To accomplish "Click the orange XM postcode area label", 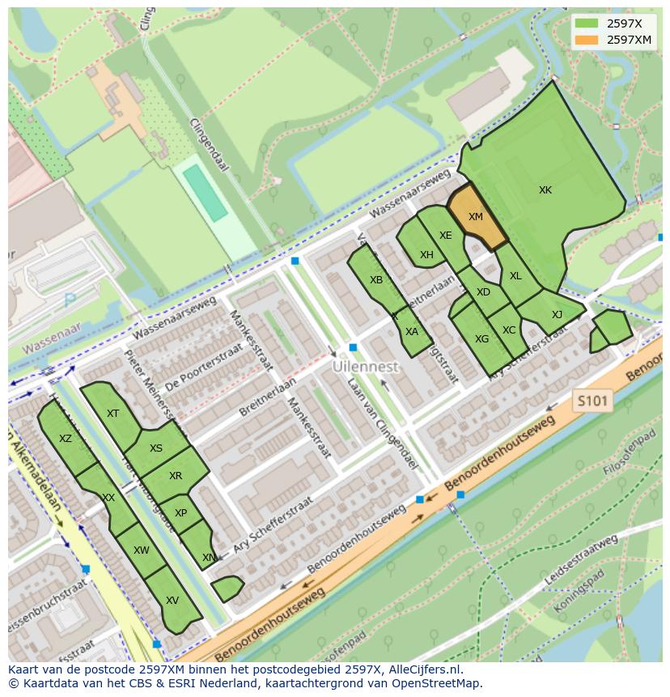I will (x=475, y=217).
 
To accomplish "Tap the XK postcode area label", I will (x=545, y=190).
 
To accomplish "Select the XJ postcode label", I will (x=557, y=315).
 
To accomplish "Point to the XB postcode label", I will (x=376, y=280).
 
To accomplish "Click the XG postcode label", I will (x=481, y=339).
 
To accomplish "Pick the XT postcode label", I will (x=112, y=414).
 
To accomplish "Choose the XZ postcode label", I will (x=66, y=439).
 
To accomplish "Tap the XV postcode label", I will (x=172, y=601).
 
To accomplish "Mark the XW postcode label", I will (x=142, y=550).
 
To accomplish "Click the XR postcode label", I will (x=176, y=476).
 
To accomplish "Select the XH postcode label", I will (x=426, y=255).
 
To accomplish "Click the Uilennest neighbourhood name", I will (x=366, y=367).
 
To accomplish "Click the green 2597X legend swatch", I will (x=587, y=23).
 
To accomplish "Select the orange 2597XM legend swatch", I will (x=587, y=40).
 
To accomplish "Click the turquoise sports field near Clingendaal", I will (x=205, y=193).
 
